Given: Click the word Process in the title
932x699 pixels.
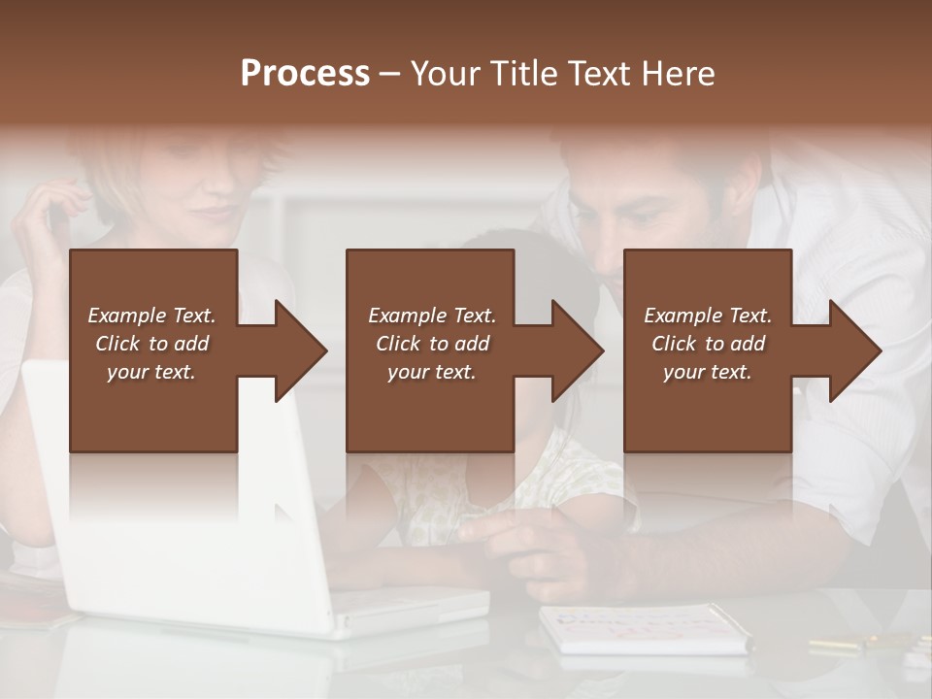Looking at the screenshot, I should click(x=305, y=73).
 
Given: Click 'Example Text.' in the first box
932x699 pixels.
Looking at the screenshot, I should click(x=151, y=316).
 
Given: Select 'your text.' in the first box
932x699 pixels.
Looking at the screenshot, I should click(x=151, y=372).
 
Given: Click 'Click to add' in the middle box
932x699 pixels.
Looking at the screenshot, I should click(x=432, y=344).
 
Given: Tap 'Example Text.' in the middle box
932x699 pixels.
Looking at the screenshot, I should click(x=432, y=316).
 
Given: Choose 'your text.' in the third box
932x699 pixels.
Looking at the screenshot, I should click(x=708, y=372).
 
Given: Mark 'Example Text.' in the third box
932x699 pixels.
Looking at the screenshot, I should click(x=708, y=316).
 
